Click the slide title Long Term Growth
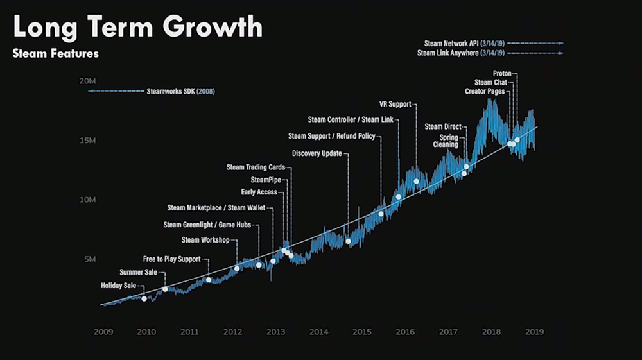pyautogui.click(x=137, y=28)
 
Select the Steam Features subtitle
pyautogui.click(x=56, y=54)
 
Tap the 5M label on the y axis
pyautogui.click(x=89, y=260)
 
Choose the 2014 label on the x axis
pyautogui.click(x=318, y=332)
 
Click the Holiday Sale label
pyautogui.click(x=119, y=286)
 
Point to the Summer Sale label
pyautogui.click(x=139, y=273)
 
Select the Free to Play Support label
pyautogui.click(x=171, y=259)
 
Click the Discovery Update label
pyautogui.click(x=317, y=154)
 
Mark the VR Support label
pyautogui.click(x=395, y=105)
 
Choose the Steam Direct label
pyautogui.click(x=443, y=127)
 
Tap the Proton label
pyautogui.click(x=502, y=74)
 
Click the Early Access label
pyautogui.click(x=259, y=192)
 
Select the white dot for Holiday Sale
pyautogui.click(x=144, y=298)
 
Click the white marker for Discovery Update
pyautogui.click(x=348, y=241)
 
